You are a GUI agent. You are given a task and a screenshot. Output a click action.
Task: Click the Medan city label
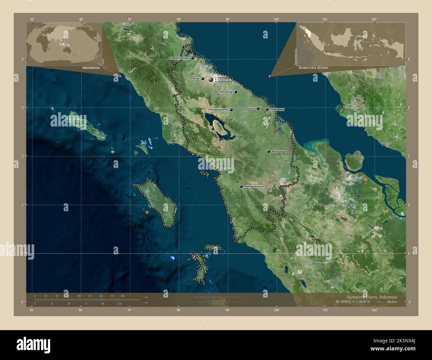(x=224, y=80)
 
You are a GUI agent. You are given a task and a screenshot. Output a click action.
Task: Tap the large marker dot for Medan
(x=211, y=80)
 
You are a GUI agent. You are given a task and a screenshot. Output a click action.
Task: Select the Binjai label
(x=196, y=79)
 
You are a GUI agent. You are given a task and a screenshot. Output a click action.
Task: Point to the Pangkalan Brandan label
(x=179, y=58)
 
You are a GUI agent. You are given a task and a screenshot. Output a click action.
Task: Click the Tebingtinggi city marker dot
(x=236, y=92)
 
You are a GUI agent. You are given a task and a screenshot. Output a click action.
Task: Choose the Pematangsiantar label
(x=218, y=110)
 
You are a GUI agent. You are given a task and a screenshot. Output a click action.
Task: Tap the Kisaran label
(x=251, y=109)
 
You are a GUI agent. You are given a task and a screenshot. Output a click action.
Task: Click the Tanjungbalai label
(x=277, y=109)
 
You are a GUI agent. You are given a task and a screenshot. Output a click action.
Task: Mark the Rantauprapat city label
(x=279, y=151)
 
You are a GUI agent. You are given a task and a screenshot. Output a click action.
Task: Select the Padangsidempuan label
(x=254, y=187)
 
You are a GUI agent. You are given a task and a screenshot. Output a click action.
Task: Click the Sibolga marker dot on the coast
(x=217, y=169)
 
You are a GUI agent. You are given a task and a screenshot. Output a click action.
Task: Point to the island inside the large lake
(x=219, y=127)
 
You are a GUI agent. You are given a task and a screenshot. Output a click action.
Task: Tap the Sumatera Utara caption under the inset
(x=313, y=68)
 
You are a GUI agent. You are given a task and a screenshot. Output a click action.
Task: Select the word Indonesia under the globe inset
(x=91, y=68)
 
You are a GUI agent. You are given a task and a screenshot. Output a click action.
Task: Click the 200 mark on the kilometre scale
(x=123, y=296)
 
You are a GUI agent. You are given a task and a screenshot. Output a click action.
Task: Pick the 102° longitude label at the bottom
(x=375, y=310)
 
